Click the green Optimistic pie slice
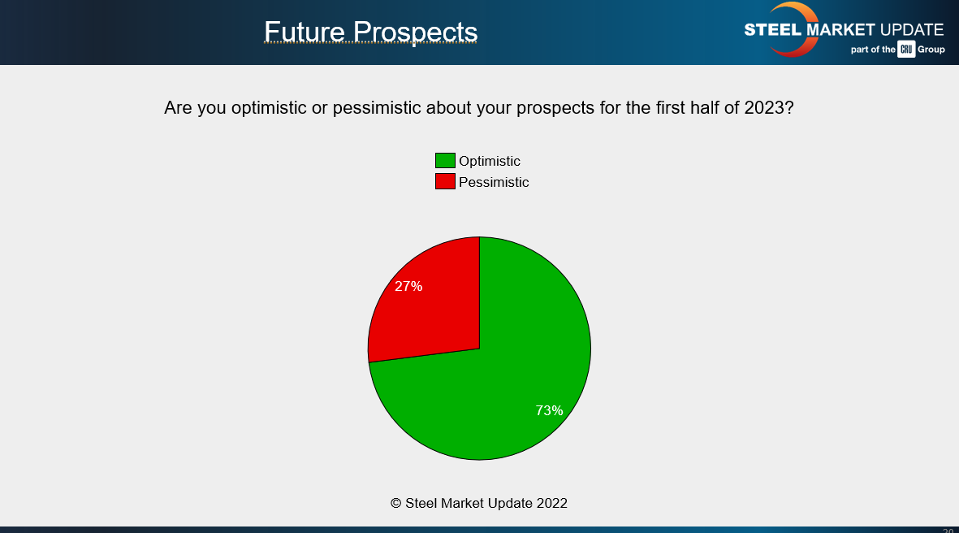(503, 374)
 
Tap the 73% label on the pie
(549, 410)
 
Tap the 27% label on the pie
(408, 286)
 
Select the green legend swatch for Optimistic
(445, 161)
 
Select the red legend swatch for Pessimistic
(445, 181)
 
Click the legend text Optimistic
(490, 161)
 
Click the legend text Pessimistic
(494, 182)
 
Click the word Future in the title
(305, 31)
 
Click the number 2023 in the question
(764, 108)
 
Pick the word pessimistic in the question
(376, 108)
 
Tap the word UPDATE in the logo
(912, 30)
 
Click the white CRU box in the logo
(906, 50)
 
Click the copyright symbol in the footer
(396, 503)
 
